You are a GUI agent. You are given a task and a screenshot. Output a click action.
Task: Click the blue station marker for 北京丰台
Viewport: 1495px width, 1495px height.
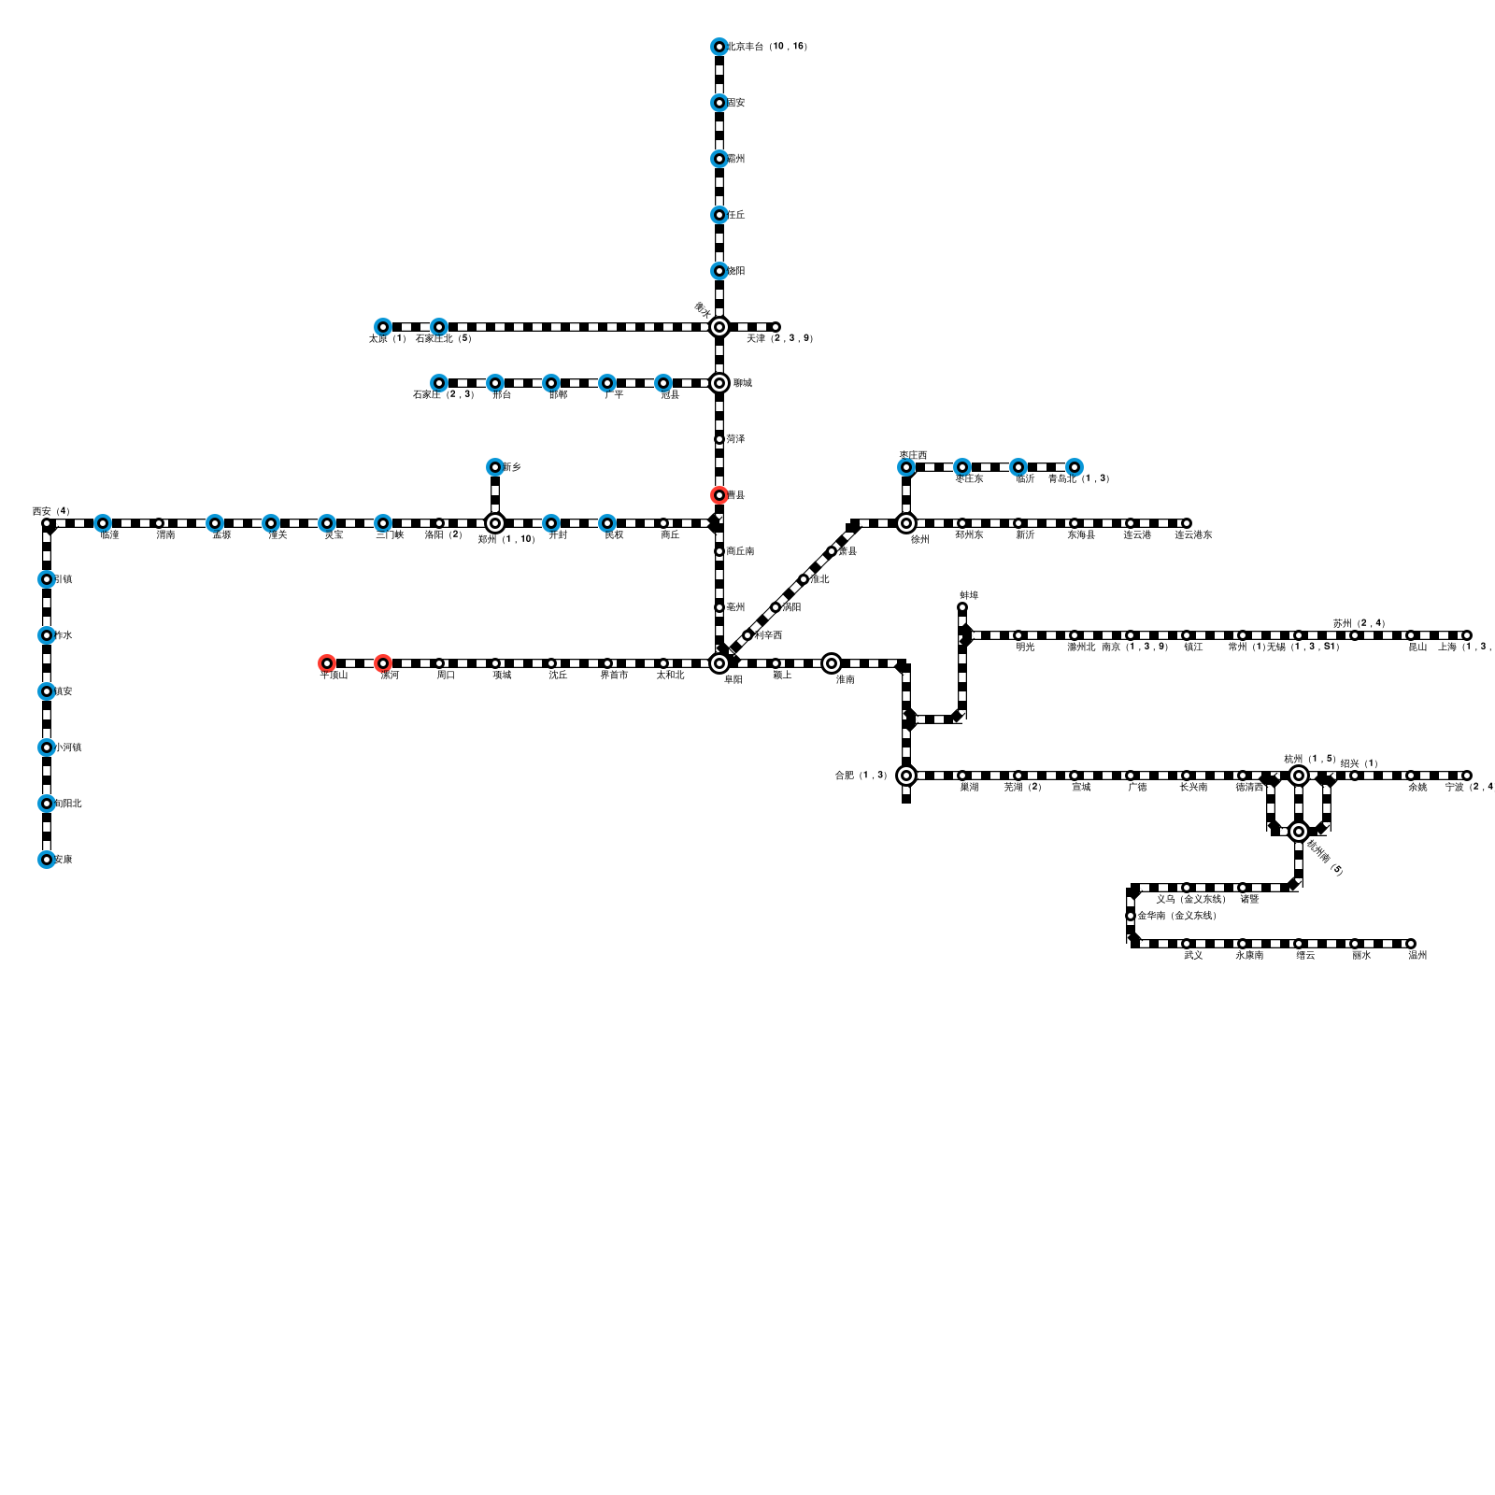tap(719, 47)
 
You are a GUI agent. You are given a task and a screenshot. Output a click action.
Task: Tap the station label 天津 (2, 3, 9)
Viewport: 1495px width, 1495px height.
tap(779, 338)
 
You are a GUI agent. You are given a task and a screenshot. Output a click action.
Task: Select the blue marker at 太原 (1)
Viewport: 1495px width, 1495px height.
tap(382, 327)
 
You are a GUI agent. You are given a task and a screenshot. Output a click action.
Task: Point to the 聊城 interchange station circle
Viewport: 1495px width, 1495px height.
tap(719, 383)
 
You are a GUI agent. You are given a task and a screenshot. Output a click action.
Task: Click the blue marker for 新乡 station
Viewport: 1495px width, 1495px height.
tap(494, 467)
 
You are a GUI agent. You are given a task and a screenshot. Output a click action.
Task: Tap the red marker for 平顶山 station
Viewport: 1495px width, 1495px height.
tap(326, 663)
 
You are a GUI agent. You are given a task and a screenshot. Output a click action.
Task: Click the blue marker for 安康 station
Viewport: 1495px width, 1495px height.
tap(46, 860)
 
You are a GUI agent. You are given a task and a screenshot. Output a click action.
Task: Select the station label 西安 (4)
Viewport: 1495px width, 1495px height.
tap(50, 511)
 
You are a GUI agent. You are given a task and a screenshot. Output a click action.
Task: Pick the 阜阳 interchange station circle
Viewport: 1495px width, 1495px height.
tap(719, 663)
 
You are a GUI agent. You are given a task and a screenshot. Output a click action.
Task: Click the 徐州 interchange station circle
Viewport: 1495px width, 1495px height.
tap(905, 523)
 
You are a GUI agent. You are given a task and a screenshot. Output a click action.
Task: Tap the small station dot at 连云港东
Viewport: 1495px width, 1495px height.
tap(1186, 523)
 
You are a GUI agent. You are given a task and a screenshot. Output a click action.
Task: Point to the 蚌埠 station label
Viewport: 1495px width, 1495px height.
tap(969, 595)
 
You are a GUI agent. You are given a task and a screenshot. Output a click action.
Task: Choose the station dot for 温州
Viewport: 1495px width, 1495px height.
tap(1410, 944)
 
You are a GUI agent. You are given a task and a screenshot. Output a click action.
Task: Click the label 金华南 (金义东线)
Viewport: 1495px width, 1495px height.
tap(1176, 916)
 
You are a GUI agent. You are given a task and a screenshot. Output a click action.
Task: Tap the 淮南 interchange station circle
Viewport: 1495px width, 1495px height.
tap(831, 663)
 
